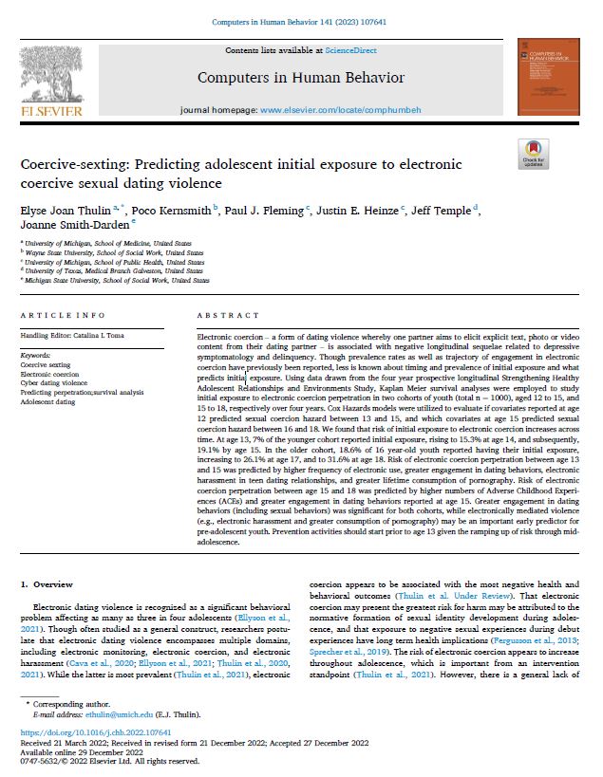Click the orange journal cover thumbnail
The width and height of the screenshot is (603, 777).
click(548, 77)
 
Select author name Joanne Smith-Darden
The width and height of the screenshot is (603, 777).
click(63, 226)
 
